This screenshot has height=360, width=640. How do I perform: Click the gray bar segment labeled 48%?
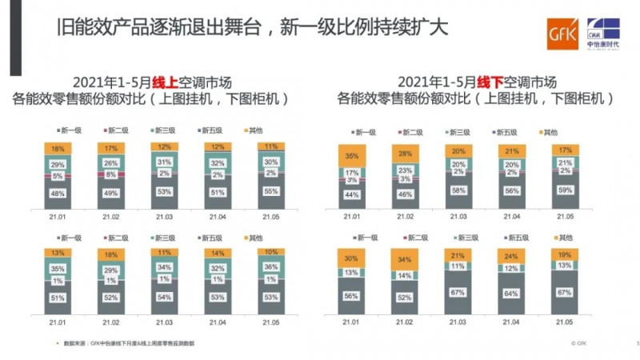[58, 193]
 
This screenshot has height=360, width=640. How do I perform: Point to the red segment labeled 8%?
[111, 173]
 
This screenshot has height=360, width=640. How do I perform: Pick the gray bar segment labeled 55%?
[271, 192]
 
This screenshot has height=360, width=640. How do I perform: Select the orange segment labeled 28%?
[407, 154]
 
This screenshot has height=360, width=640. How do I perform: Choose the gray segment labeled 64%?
[513, 292]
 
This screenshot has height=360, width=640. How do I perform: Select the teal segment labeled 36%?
[271, 266]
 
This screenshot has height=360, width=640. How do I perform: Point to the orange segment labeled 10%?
[271, 252]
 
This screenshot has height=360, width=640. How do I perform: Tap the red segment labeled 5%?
[58, 176]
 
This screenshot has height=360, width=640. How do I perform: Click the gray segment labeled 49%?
[111, 193]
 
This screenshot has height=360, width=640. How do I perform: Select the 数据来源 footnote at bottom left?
[128, 342]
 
